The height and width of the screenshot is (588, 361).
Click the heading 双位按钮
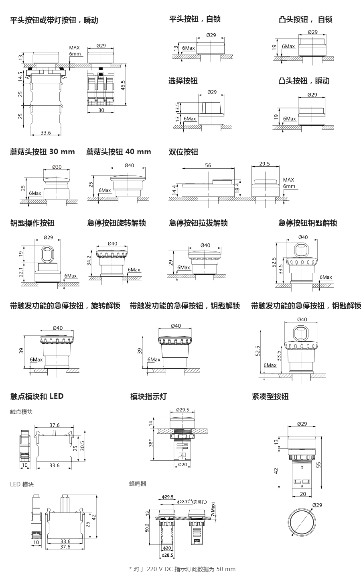(183, 152)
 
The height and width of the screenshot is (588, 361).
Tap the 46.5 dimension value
(123, 85)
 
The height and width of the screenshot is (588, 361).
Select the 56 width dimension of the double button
(208, 165)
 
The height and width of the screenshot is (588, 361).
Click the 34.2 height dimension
(89, 261)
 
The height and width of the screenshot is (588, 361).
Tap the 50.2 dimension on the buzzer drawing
(147, 527)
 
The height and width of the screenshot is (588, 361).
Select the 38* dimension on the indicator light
(151, 443)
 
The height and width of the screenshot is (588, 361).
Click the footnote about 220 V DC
(183, 569)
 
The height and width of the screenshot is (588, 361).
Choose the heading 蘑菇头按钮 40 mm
(118, 152)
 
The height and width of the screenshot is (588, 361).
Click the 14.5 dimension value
(20, 77)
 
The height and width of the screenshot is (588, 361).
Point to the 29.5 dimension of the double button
(264, 164)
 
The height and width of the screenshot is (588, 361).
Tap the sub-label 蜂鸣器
(138, 484)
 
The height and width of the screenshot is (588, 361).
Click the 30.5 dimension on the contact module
(83, 447)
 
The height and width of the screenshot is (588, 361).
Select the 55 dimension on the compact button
(319, 464)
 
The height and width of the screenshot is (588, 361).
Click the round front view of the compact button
(302, 522)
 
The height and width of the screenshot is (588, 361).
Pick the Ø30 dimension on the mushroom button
(57, 167)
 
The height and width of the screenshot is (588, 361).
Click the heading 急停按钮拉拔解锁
(198, 223)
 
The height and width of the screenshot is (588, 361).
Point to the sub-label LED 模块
(22, 484)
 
